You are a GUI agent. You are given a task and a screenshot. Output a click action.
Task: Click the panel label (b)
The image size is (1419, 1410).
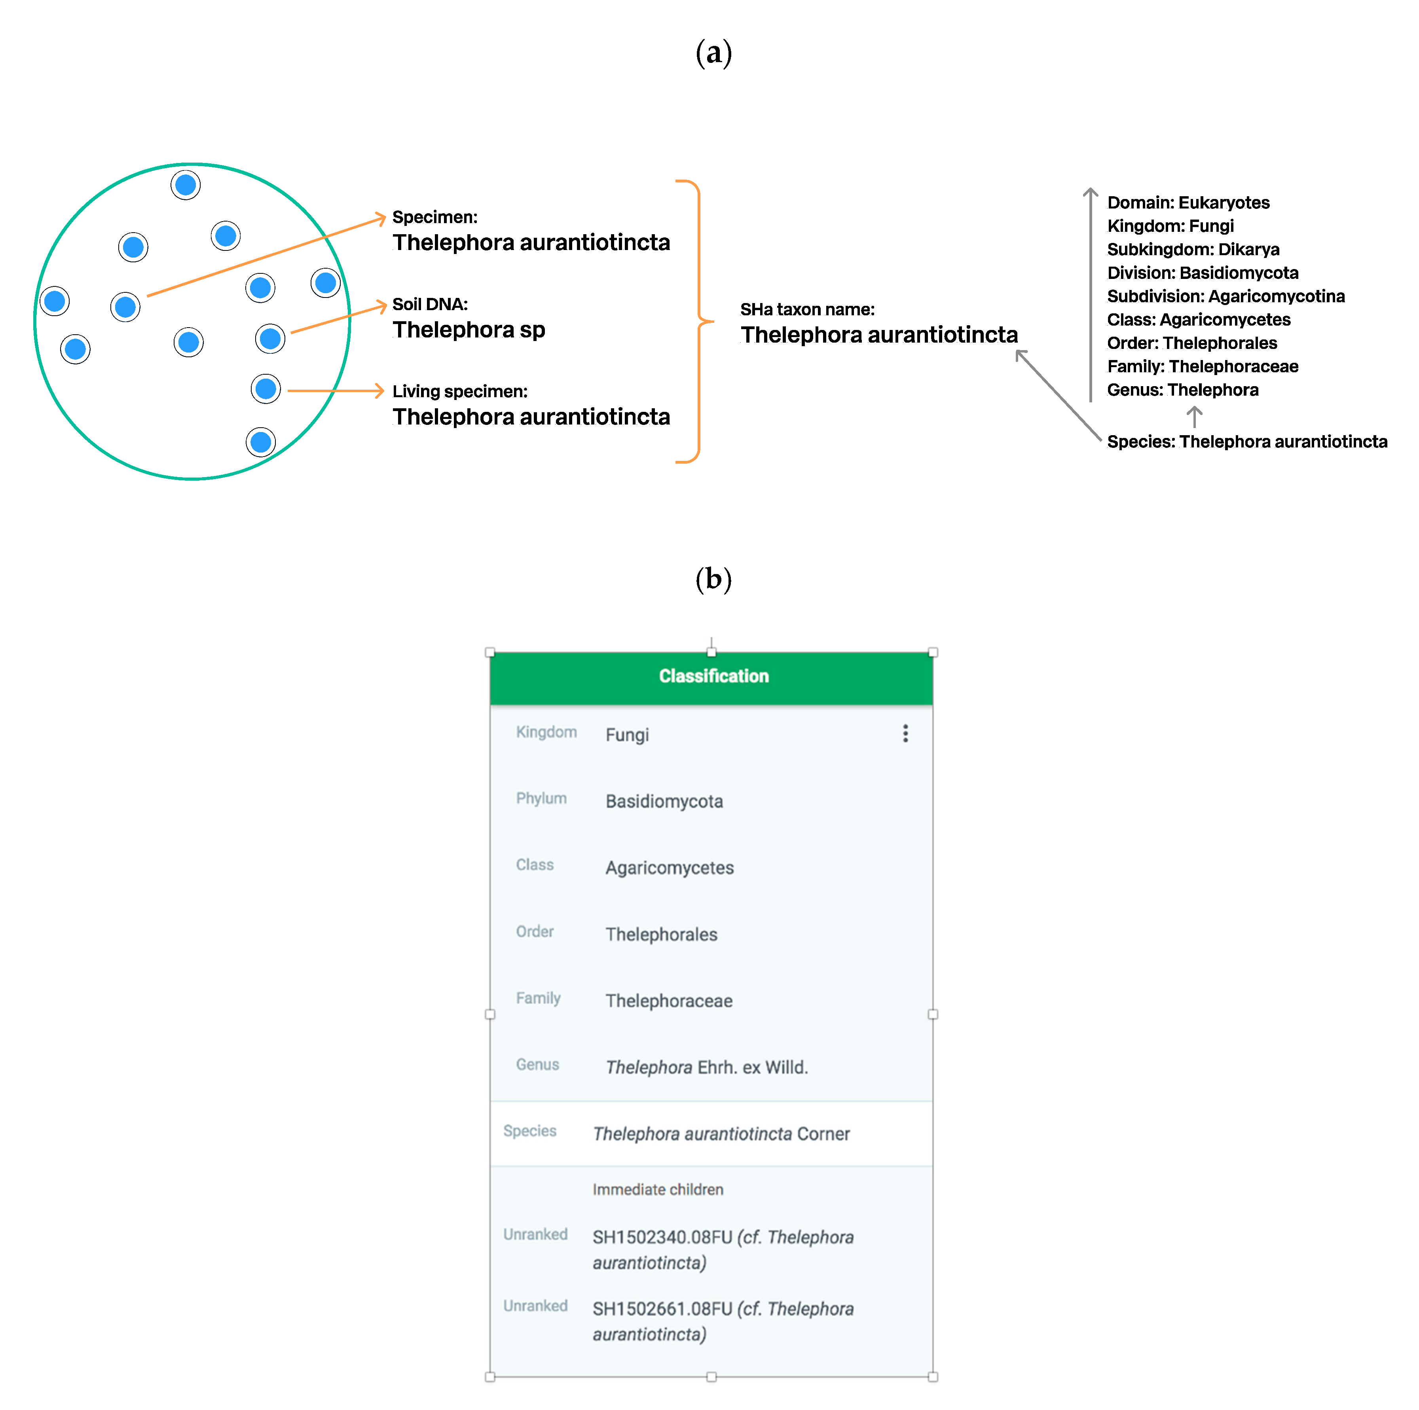pyautogui.click(x=713, y=580)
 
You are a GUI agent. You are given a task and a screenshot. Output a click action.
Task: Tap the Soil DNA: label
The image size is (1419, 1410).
pyautogui.click(x=430, y=304)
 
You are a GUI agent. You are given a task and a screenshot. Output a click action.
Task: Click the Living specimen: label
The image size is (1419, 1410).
pyautogui.click(x=460, y=391)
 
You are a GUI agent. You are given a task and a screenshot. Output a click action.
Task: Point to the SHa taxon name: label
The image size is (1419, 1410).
pyautogui.click(x=807, y=309)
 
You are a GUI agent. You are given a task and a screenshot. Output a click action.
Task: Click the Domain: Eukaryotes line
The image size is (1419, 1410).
pyautogui.click(x=1188, y=203)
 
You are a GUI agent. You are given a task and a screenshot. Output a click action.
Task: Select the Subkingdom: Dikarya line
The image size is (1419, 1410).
pyautogui.click(x=1193, y=250)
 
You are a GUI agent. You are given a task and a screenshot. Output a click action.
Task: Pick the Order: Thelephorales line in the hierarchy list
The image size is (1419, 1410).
pyautogui.click(x=1191, y=343)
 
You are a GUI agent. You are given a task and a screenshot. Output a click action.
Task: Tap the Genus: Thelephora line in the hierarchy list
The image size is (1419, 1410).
pyautogui.click(x=1182, y=390)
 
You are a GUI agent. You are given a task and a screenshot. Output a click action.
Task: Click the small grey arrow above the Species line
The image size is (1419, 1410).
pyautogui.click(x=1194, y=416)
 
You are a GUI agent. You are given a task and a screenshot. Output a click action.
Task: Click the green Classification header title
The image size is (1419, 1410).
pyautogui.click(x=713, y=676)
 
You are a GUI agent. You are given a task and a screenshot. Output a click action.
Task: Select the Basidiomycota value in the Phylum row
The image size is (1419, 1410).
pyautogui.click(x=664, y=801)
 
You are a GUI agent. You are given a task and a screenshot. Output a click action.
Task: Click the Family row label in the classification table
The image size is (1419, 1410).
pyautogui.click(x=538, y=998)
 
